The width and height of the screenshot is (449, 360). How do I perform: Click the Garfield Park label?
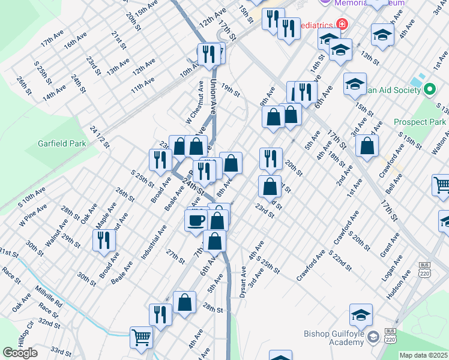(62, 143)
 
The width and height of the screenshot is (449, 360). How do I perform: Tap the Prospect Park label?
(420, 122)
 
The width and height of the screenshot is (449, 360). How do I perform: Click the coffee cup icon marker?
(196, 220)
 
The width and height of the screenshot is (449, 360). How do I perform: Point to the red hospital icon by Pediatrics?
(342, 25)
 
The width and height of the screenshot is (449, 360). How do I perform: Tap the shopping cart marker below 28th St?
(142, 337)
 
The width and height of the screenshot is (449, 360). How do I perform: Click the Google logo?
(20, 353)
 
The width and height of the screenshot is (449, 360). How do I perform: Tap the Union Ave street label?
(213, 96)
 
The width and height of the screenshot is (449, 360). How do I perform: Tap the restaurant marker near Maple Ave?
(104, 240)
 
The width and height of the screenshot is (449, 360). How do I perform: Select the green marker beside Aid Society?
(429, 91)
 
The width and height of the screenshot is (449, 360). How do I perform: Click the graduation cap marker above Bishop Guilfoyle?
(361, 315)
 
